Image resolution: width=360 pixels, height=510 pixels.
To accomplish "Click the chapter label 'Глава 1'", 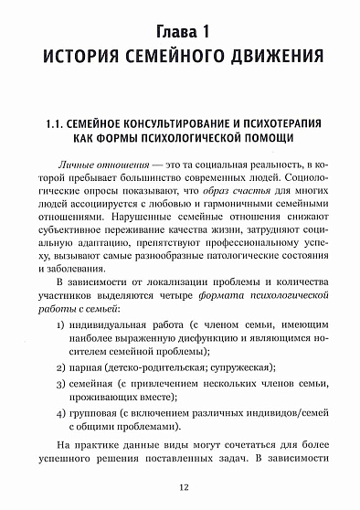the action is point(180,32).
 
